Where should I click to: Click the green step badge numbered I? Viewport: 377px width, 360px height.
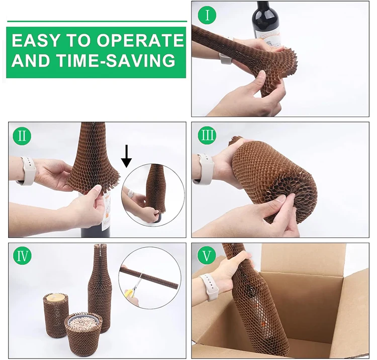point(207,16)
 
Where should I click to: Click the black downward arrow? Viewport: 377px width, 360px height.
point(127,155)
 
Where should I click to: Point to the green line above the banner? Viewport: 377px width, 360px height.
point(96,21)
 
